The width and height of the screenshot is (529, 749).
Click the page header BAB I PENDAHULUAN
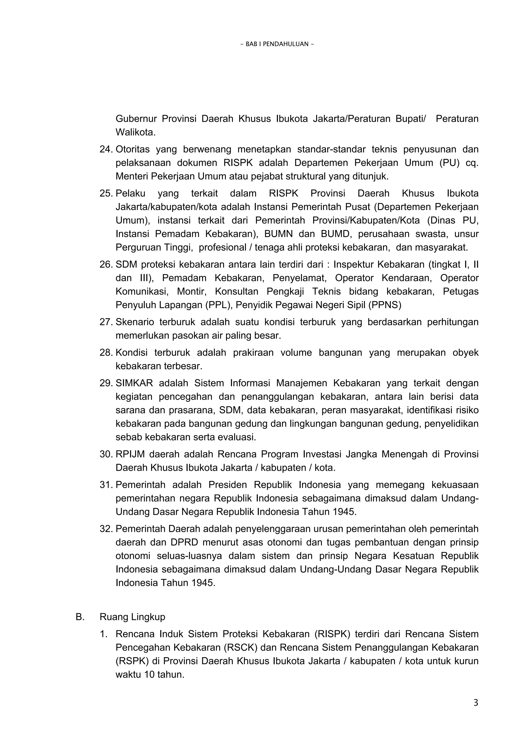click(277, 44)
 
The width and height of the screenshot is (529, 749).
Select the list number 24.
click(106, 149)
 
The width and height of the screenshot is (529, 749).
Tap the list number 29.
click(106, 383)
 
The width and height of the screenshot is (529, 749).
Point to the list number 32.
click(106, 528)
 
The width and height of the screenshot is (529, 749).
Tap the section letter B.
click(80, 617)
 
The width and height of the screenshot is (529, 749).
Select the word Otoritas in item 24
click(133, 149)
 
